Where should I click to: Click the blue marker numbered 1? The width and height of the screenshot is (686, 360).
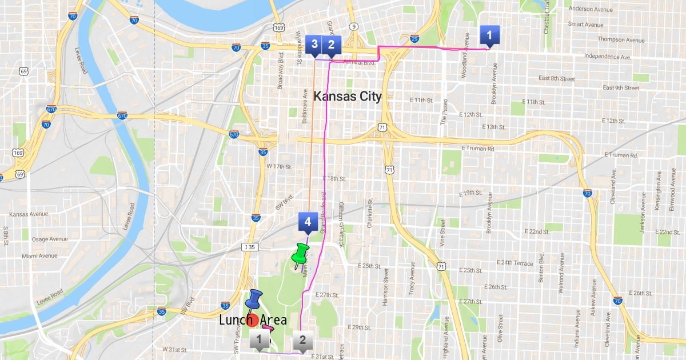(x=489, y=35)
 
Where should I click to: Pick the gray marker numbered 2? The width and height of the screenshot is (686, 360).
(x=303, y=341)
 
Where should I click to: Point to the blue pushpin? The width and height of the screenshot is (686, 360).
(x=253, y=298)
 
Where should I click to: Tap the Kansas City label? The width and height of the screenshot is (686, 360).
(x=348, y=96)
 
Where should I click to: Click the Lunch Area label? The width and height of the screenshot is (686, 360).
(x=253, y=321)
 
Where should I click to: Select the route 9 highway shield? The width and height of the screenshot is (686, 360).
(x=354, y=26)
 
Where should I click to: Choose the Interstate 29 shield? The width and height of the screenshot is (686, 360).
(x=415, y=39)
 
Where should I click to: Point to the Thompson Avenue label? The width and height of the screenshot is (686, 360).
(x=620, y=40)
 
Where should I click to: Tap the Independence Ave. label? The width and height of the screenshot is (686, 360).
(x=607, y=57)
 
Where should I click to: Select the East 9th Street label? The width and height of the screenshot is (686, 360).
(x=621, y=88)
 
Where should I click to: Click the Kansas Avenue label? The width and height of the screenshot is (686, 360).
(x=29, y=214)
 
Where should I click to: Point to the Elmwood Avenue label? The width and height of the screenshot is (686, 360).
(x=672, y=193)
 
